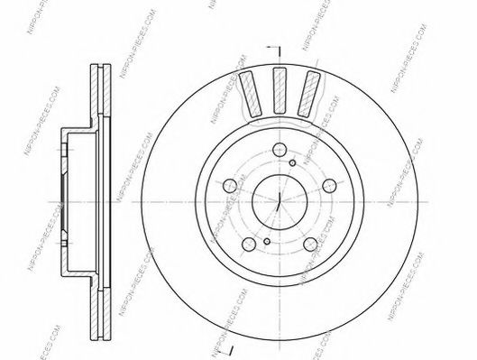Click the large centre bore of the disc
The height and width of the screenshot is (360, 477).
coord(278,199)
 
